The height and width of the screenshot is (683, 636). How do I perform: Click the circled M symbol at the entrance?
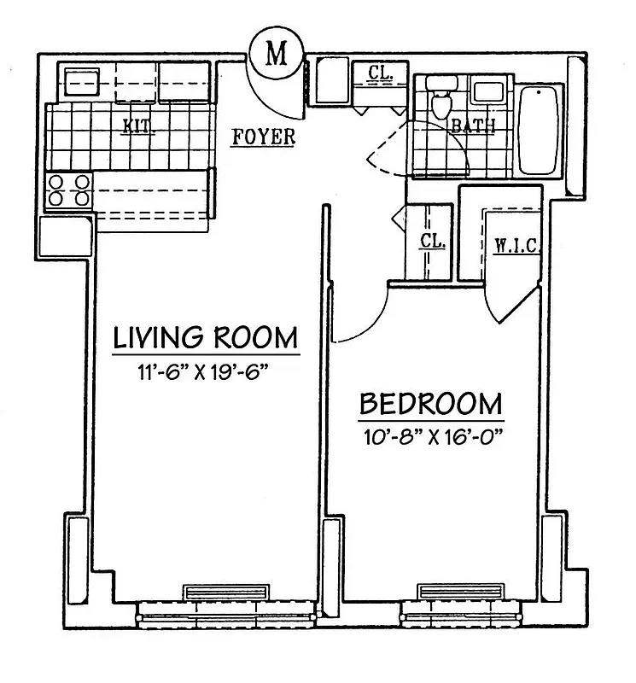tap(275, 54)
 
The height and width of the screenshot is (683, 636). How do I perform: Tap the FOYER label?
tap(264, 136)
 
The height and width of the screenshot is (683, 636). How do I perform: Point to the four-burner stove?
tap(69, 190)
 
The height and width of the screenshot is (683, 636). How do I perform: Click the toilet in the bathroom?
tap(441, 101)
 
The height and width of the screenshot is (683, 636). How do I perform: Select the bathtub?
tap(538, 129)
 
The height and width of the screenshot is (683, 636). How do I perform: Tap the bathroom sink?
tap(487, 92)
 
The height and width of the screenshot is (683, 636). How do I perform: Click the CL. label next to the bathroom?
tap(380, 74)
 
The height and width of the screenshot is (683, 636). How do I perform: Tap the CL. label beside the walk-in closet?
tap(432, 242)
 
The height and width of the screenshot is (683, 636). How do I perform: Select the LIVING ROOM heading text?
tap(206, 337)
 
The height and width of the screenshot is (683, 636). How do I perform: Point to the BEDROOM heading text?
tap(430, 403)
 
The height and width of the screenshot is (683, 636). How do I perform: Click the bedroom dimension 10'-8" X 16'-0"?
tap(430, 435)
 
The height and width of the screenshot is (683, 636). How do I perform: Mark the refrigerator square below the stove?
tap(65, 236)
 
